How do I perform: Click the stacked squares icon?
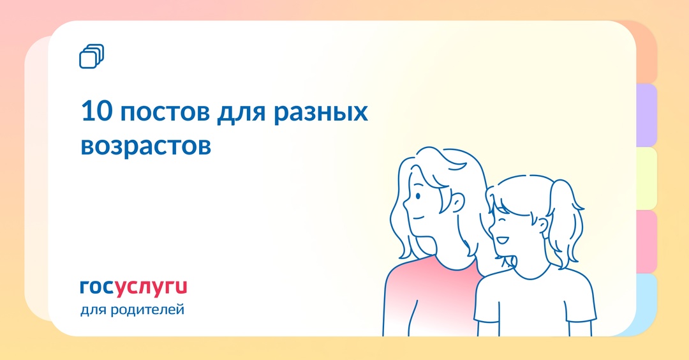point(91,56)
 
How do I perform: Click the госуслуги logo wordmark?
point(133,287)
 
